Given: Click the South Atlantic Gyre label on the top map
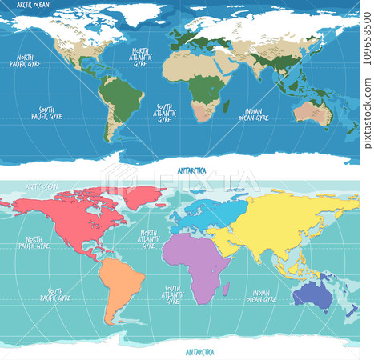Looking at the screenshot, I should [x=164, y=113].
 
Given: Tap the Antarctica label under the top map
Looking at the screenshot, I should [x=191, y=170].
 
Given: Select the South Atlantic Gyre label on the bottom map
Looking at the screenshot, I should [x=171, y=294].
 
